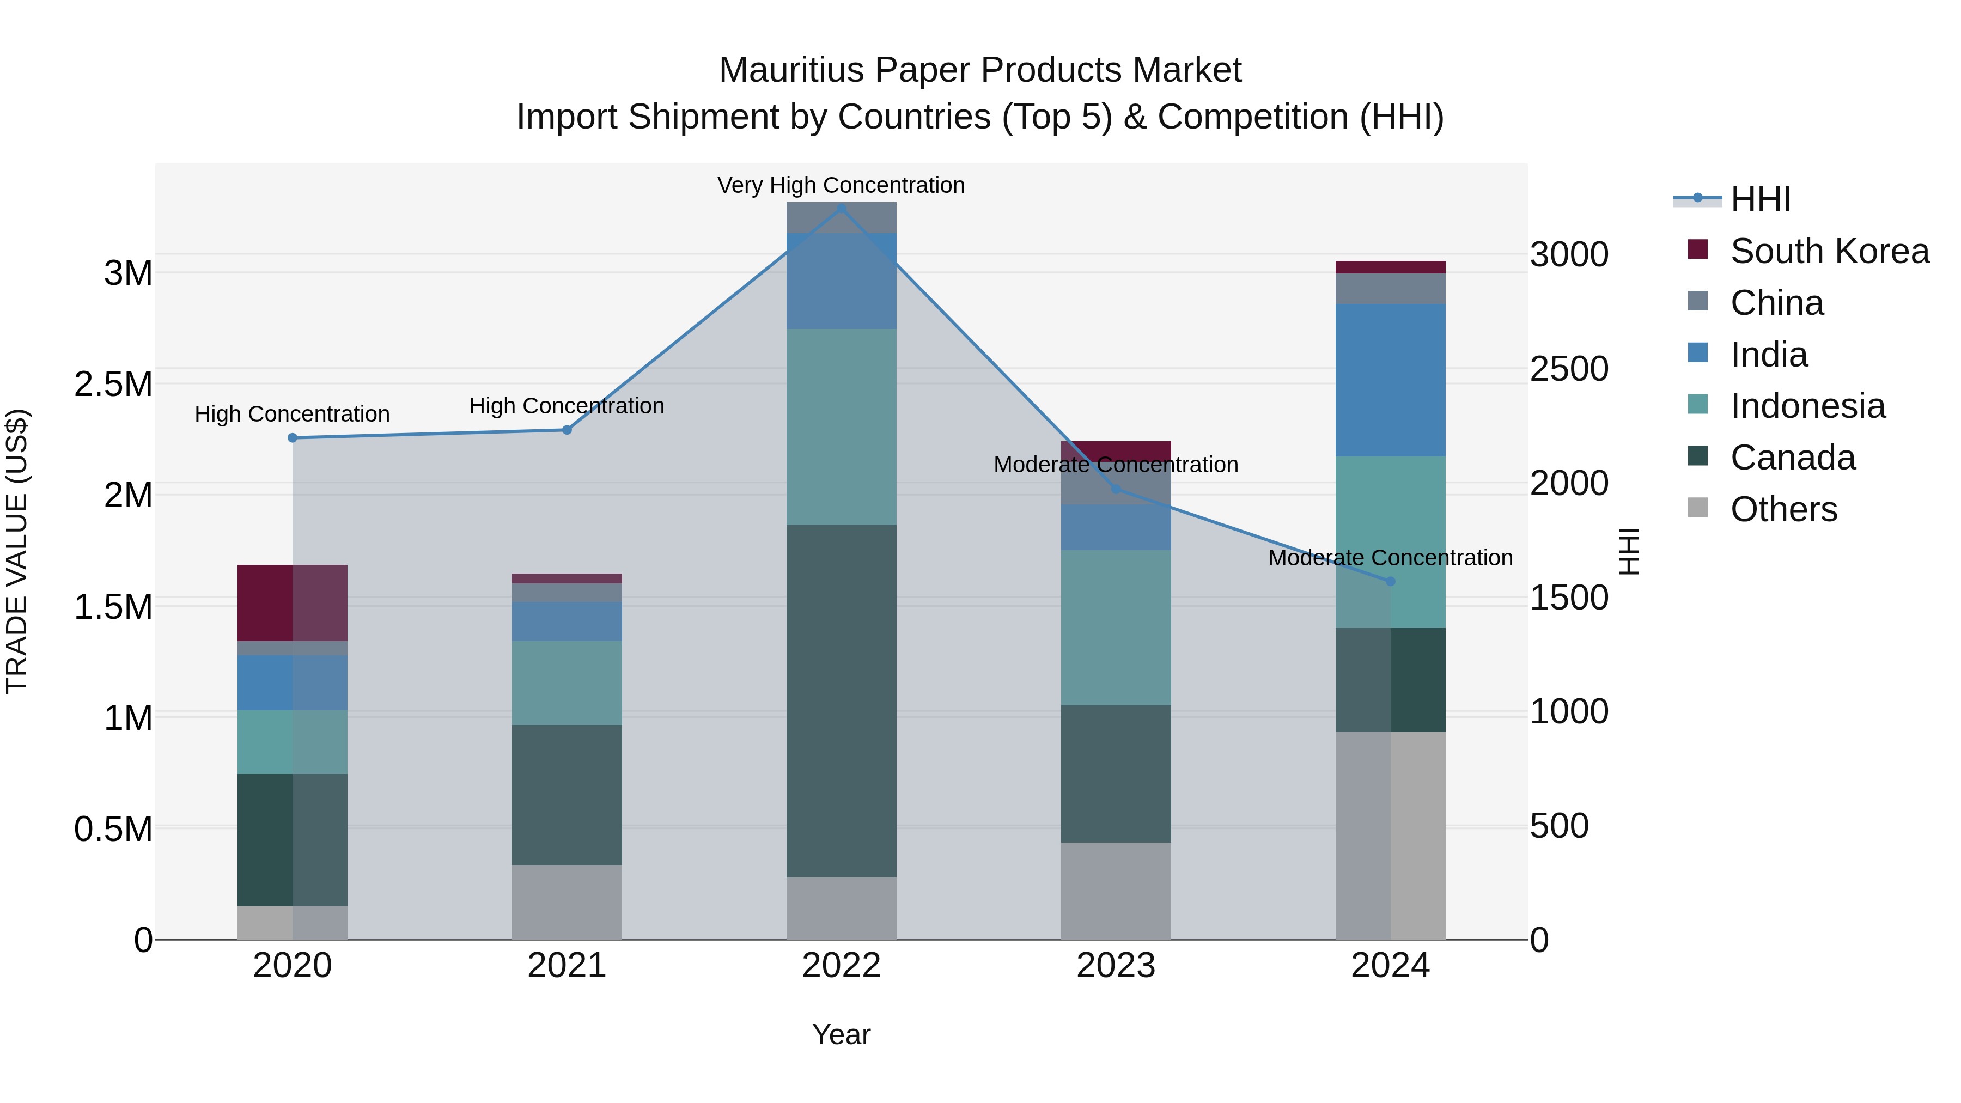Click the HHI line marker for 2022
(x=841, y=209)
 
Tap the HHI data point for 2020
(x=293, y=438)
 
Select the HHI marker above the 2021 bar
(x=567, y=430)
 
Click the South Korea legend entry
(x=1829, y=251)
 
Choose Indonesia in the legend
(x=1807, y=406)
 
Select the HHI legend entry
(x=1760, y=199)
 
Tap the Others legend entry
(x=1783, y=509)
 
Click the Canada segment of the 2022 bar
(x=841, y=700)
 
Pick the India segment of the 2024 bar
(x=1390, y=381)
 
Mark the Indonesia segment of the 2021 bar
(x=567, y=683)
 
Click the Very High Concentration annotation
(x=841, y=186)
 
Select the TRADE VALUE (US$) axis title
(x=17, y=552)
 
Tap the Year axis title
(x=841, y=1034)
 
